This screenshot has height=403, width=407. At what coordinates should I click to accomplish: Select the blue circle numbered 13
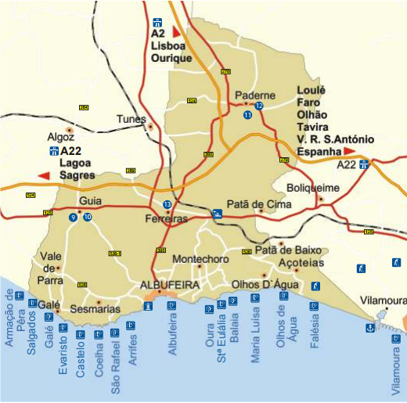pos(167,205)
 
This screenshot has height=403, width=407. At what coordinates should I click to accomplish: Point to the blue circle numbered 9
pos(73,217)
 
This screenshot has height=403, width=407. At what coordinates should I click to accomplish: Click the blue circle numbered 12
pos(259,106)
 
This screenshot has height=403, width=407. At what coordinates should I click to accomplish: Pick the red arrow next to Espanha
pos(350,150)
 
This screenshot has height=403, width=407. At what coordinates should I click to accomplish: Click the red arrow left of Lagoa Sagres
pos(45,175)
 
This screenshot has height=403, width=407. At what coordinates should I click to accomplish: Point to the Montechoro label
pos(200,259)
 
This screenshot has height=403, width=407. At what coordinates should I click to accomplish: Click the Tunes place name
pos(131,119)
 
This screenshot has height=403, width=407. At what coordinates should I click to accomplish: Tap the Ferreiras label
pos(167,219)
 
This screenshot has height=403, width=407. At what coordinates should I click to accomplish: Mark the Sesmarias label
pos(95,309)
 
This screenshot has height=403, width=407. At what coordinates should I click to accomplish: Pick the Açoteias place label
pos(301,263)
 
